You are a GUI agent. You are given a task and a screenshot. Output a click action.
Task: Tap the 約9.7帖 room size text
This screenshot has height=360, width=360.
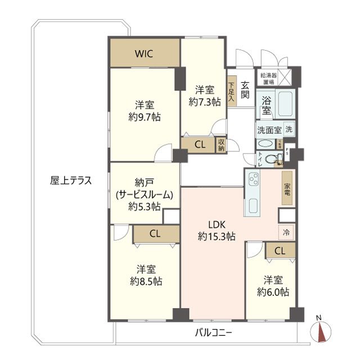[x=145, y=117]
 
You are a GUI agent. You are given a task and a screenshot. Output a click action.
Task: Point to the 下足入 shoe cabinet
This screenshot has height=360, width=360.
[x=231, y=91]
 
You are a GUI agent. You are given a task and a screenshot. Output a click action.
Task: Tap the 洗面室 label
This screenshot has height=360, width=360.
[x=269, y=129]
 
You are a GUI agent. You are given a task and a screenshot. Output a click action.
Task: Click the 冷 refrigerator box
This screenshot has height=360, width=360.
[x=286, y=231]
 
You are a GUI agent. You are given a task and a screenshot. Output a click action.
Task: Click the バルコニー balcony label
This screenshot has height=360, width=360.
[x=214, y=332]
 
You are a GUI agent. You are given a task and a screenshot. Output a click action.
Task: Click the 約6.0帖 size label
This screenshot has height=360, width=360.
[x=273, y=292]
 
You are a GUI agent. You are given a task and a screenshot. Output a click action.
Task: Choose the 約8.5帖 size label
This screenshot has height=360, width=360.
[x=145, y=281]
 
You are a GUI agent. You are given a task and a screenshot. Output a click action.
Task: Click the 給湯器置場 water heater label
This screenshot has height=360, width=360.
[x=268, y=78]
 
